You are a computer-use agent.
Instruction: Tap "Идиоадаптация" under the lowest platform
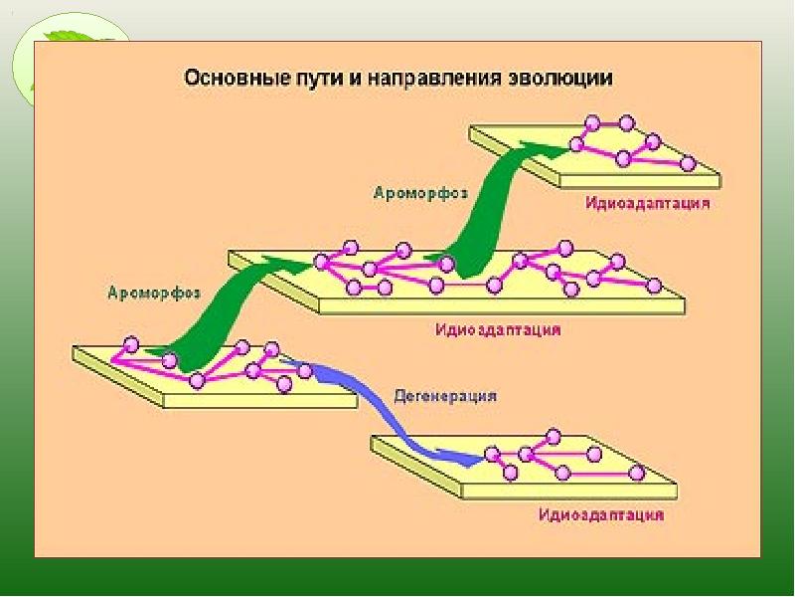coord(601,516)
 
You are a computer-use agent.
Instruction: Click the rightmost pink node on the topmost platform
coord(687,162)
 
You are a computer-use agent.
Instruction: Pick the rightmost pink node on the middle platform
coord(654,286)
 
